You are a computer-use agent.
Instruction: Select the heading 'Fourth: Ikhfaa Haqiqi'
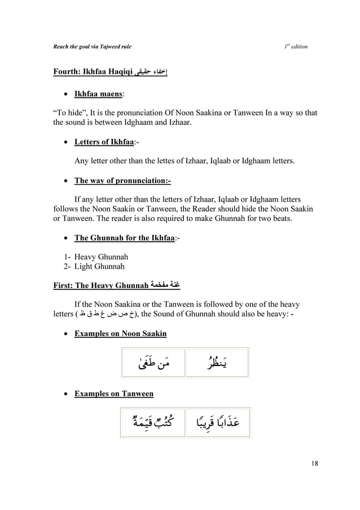click(93, 72)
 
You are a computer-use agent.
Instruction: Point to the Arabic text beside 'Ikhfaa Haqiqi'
click(152, 72)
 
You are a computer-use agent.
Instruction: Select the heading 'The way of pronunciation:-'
click(122, 181)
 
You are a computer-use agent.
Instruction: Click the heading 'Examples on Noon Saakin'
click(120, 334)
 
